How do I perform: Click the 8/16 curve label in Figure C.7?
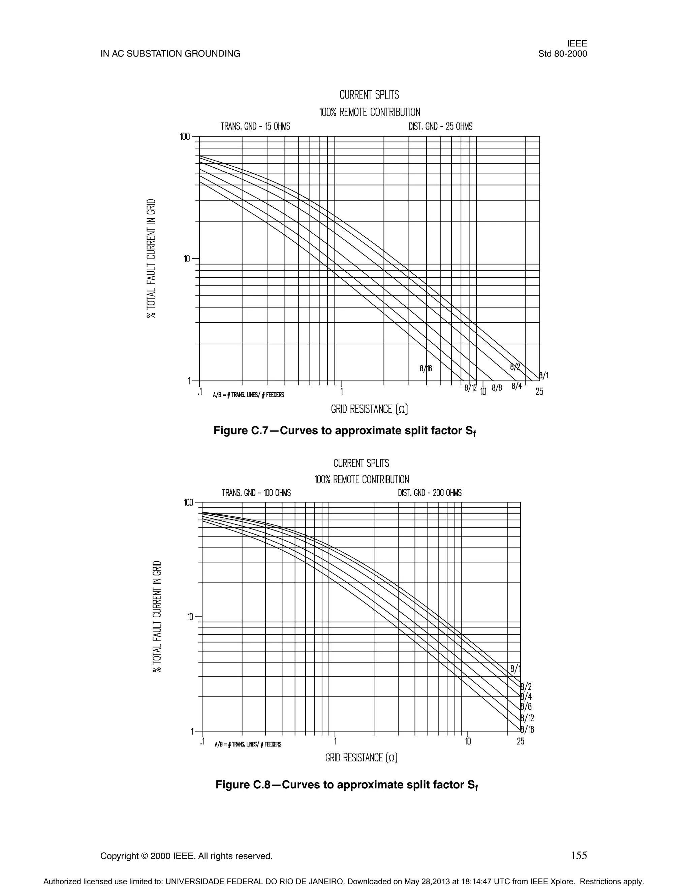tap(426, 368)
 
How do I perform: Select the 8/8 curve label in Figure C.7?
tap(497, 387)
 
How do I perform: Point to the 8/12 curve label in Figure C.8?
tap(527, 718)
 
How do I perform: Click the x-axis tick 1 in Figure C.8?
tap(335, 741)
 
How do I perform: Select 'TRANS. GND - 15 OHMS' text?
tap(255, 126)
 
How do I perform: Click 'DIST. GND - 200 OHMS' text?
tap(430, 493)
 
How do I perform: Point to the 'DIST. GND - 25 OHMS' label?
tap(440, 126)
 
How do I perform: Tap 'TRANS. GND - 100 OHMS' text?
tap(256, 493)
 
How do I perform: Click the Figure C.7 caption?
tap(345, 431)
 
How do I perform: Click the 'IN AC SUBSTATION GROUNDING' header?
tap(170, 54)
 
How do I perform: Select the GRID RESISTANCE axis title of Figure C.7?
tap(370, 409)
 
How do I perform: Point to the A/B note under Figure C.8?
tap(248, 744)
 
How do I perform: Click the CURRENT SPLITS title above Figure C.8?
tap(362, 463)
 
